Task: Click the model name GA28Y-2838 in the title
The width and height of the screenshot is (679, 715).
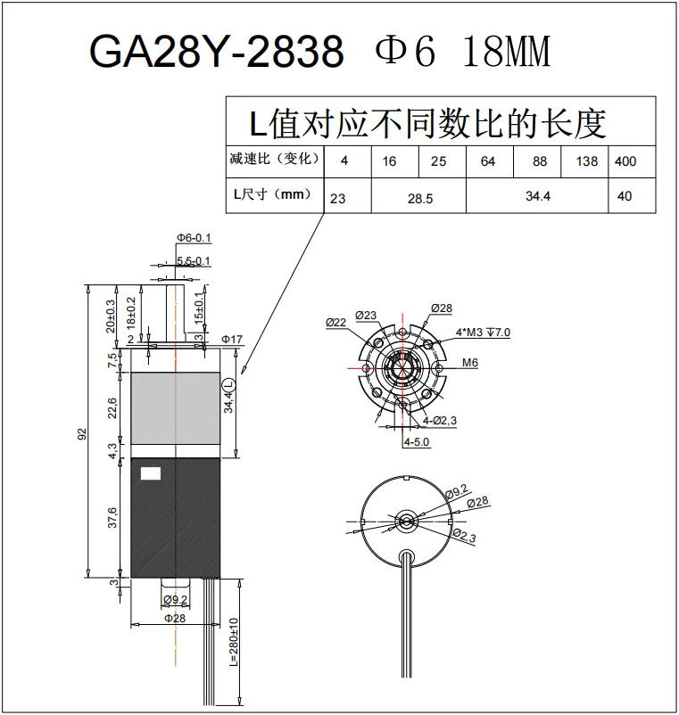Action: click(216, 53)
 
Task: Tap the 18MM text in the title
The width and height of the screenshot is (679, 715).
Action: click(506, 53)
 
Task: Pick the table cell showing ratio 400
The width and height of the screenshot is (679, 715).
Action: click(625, 161)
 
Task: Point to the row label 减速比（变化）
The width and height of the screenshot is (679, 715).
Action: click(273, 160)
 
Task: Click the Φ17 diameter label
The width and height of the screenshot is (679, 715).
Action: click(232, 340)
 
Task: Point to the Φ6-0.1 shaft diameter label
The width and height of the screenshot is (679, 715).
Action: click(194, 238)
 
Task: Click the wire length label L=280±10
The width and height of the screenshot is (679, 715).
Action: click(233, 645)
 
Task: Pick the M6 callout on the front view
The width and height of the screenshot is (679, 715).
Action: click(470, 363)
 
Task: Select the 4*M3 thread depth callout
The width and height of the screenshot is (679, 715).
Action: click(483, 333)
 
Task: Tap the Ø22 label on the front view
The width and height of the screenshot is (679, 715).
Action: click(336, 322)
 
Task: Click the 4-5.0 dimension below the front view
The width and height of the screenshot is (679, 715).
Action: click(417, 441)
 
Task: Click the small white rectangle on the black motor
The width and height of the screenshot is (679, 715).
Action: click(152, 475)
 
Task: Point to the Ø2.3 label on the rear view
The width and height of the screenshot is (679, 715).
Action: click(465, 536)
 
